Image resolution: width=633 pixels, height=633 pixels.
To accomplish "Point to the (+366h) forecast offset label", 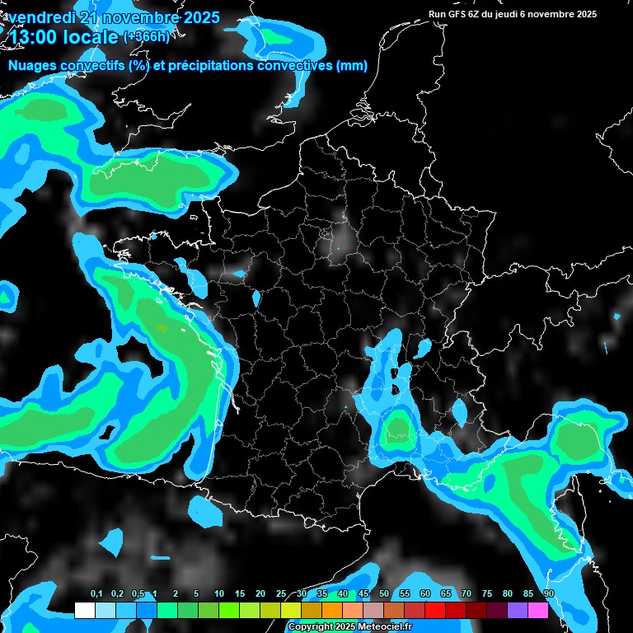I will pyautogui.click(x=148, y=36).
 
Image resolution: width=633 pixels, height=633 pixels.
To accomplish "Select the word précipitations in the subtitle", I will pyautogui.click(x=205, y=66).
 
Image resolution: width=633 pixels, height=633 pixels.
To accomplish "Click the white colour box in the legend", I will pyautogui.click(x=84, y=611).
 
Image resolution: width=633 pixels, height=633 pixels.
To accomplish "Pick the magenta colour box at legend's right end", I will pyautogui.click(x=538, y=611).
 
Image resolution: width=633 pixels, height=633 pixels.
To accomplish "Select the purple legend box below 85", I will pyautogui.click(x=518, y=611).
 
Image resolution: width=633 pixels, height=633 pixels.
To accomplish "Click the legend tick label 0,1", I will pyautogui.click(x=96, y=594).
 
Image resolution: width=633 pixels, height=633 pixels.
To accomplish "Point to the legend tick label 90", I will pyautogui.click(x=549, y=594).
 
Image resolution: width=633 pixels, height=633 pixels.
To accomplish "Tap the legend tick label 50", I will pyautogui.click(x=384, y=594).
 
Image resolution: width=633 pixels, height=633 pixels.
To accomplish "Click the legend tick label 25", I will pyautogui.click(x=281, y=594).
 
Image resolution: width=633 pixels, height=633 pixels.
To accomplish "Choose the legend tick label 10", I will pyautogui.click(x=219, y=594).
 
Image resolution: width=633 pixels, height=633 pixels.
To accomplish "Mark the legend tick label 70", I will pyautogui.click(x=467, y=594).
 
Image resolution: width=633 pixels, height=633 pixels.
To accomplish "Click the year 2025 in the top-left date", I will pyautogui.click(x=200, y=17).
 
